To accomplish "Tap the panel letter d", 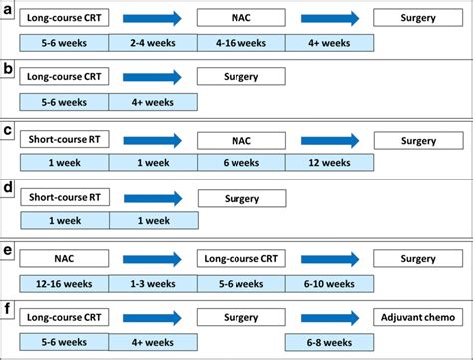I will [8, 187].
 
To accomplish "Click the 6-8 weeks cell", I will [329, 343].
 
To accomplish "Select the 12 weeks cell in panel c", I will [329, 163].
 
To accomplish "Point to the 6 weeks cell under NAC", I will [240, 163].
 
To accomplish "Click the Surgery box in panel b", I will [240, 77].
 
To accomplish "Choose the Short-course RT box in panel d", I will [64, 197].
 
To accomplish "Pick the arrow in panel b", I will [153, 77].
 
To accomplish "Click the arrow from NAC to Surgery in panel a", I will [329, 17].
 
